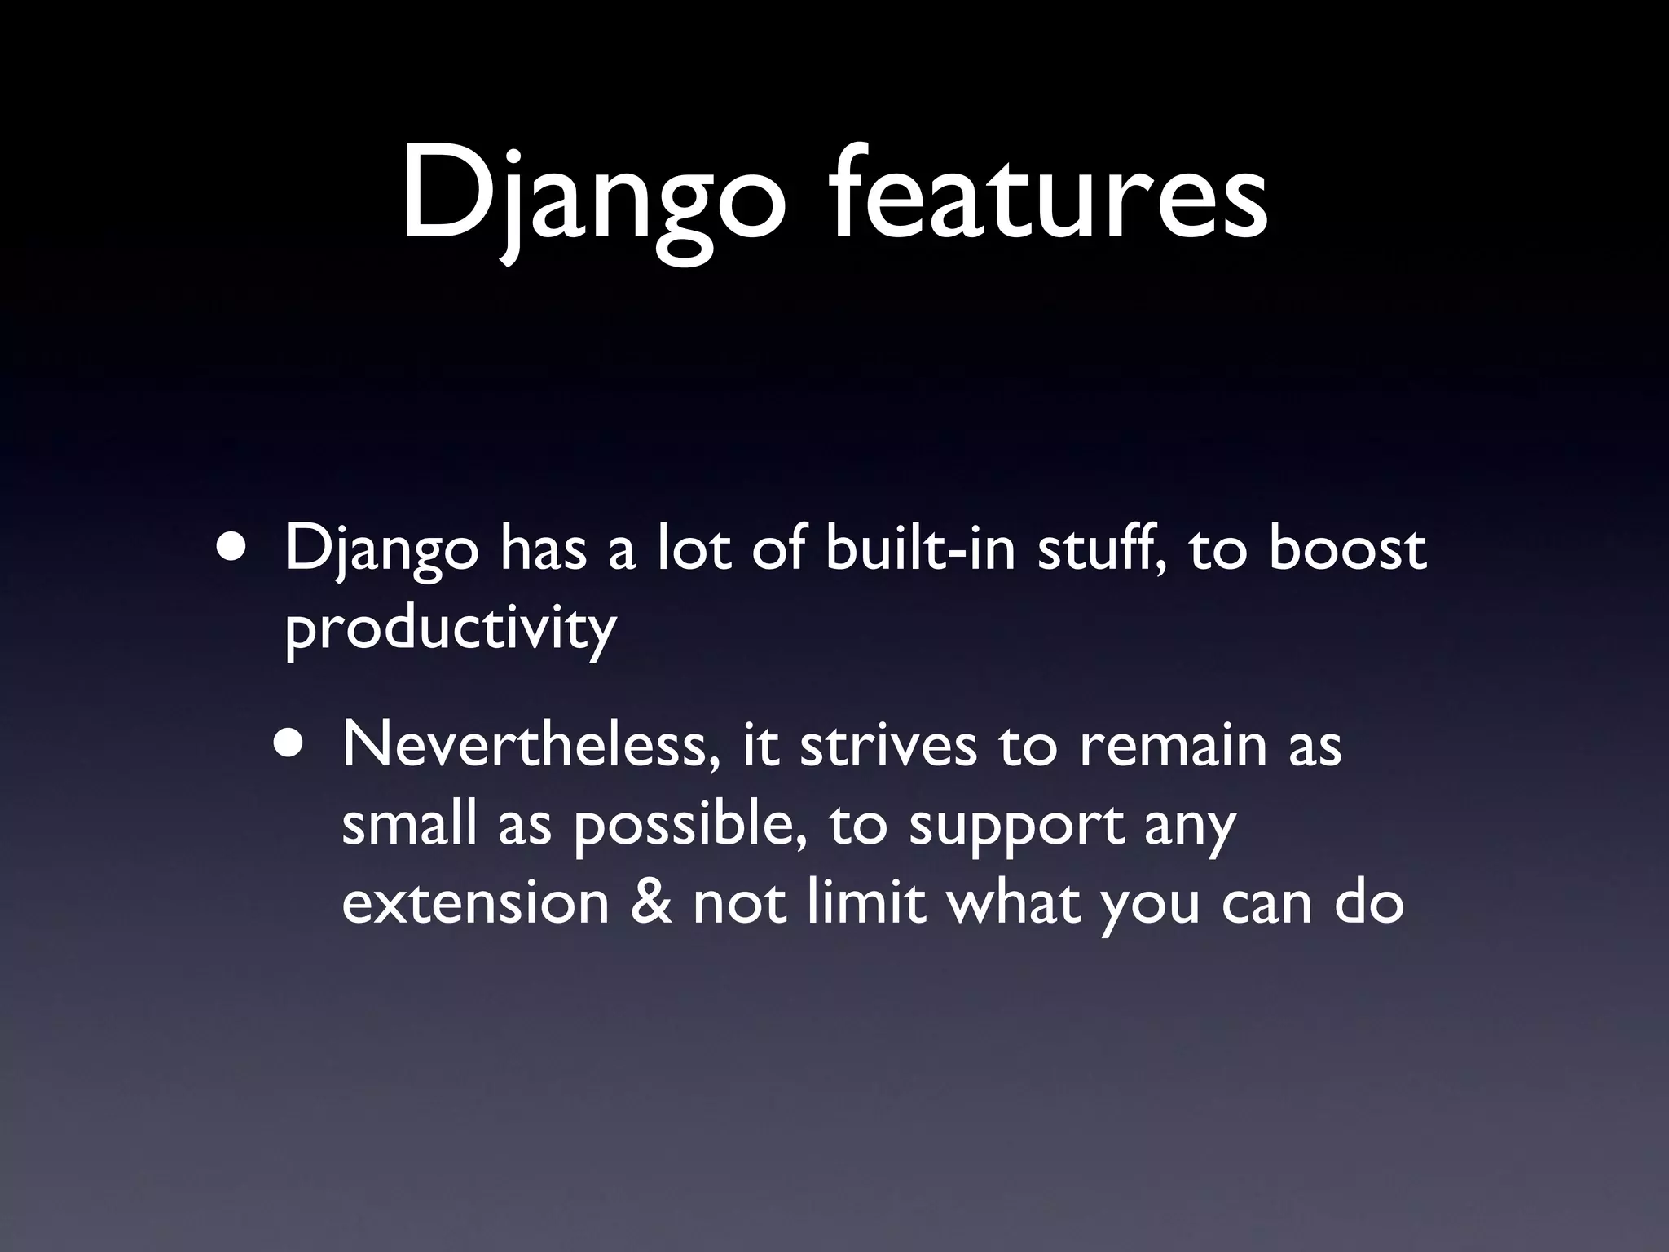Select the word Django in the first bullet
tap(381, 551)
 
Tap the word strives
tap(888, 744)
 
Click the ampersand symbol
tap(651, 902)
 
